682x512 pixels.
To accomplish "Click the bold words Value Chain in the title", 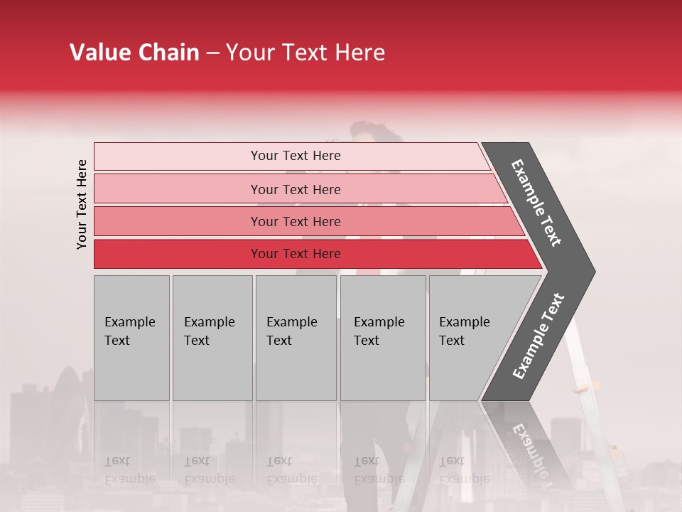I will pyautogui.click(x=134, y=53).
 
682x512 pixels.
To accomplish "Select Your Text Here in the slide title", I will pyautogui.click(x=305, y=53).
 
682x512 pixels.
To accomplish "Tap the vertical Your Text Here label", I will pyautogui.click(x=82, y=204).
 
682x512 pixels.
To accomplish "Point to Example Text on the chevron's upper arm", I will pyautogui.click(x=537, y=203).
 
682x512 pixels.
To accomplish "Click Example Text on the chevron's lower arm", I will pyautogui.click(x=538, y=336).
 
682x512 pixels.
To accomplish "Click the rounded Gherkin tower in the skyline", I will pyautogui.click(x=67, y=398).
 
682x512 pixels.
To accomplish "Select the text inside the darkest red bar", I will pyautogui.click(x=296, y=254).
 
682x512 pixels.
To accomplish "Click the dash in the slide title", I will pyautogui.click(x=212, y=53).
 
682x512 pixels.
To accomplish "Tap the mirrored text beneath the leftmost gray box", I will pyautogui.click(x=129, y=470).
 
